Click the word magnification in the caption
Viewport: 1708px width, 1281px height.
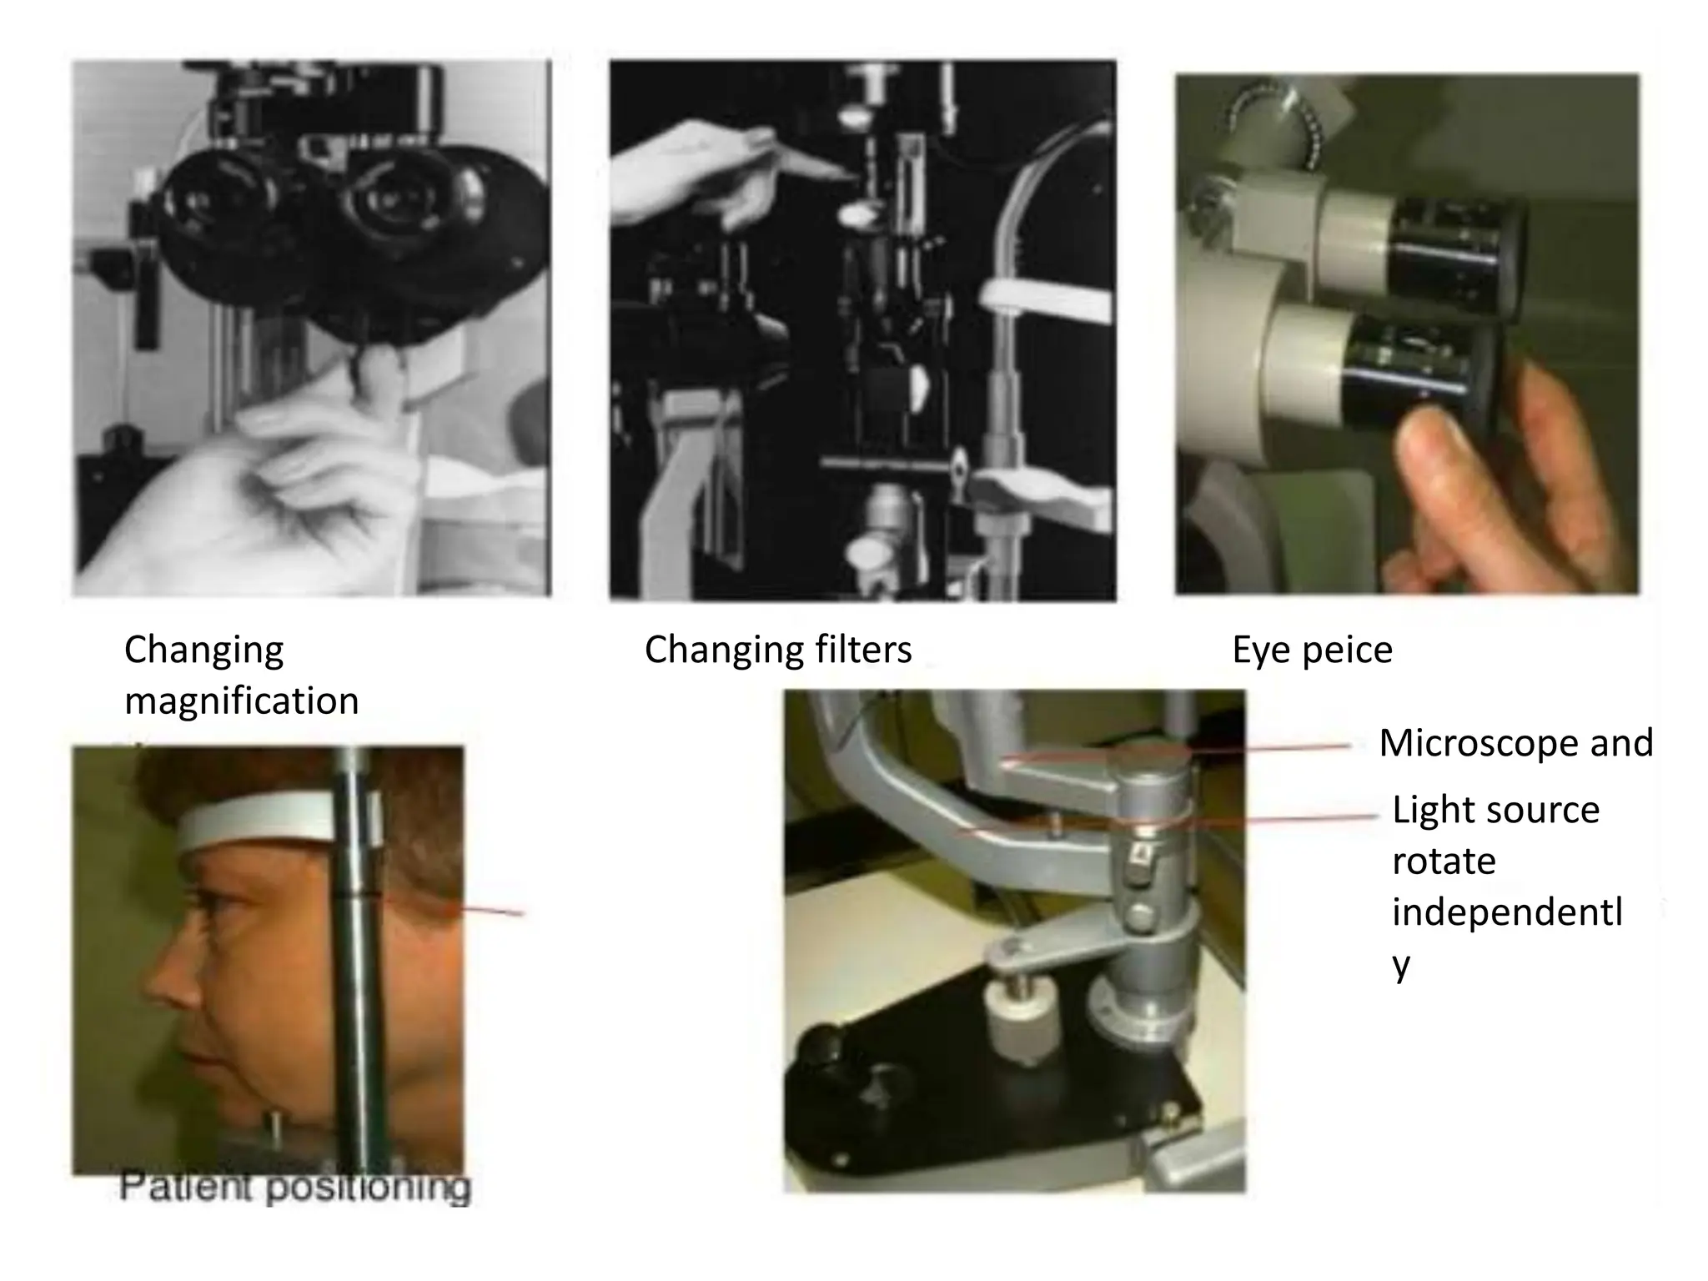(241, 701)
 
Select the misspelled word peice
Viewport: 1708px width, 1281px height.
(1347, 650)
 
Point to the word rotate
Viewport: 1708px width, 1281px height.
(1444, 861)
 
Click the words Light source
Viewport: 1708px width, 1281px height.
(1495, 810)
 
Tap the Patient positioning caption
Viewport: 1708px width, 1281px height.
(295, 1187)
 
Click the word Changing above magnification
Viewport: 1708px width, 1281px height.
(203, 650)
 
